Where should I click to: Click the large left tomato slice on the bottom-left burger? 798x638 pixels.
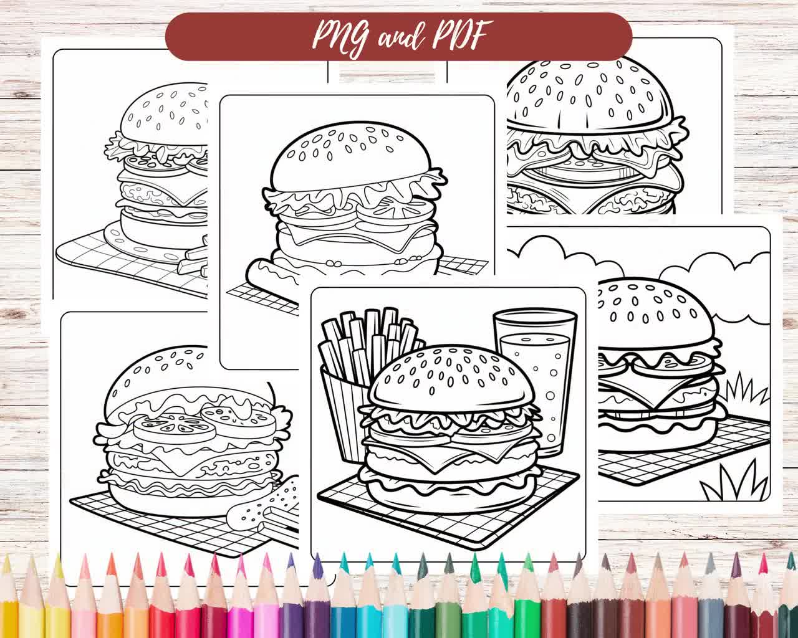tap(175, 427)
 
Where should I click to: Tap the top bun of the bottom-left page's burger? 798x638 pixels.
tap(156, 374)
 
